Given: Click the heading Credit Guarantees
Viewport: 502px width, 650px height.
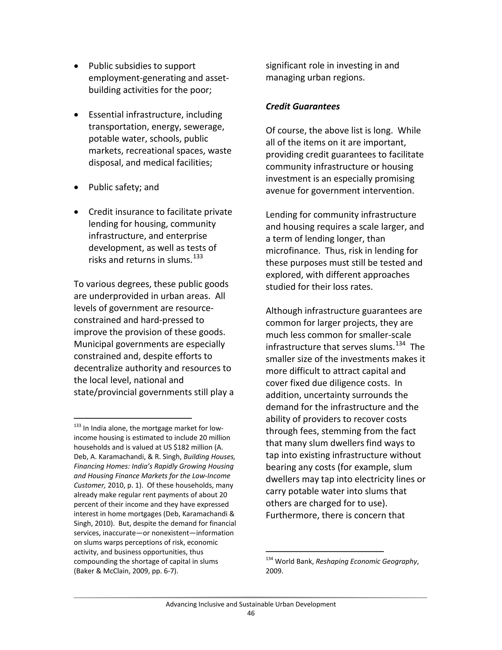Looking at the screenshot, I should click(302, 106).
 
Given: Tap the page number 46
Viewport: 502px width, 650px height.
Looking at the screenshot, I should click(251, 613).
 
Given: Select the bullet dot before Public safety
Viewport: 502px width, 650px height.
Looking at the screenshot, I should click(76, 187).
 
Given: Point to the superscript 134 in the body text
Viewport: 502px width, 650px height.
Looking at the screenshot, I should click(400, 343).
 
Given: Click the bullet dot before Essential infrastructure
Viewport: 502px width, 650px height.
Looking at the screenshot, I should click(76, 115).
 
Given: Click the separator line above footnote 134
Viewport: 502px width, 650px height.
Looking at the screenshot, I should click(325, 551).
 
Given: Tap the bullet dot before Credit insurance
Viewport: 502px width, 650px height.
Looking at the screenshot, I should click(76, 212).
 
